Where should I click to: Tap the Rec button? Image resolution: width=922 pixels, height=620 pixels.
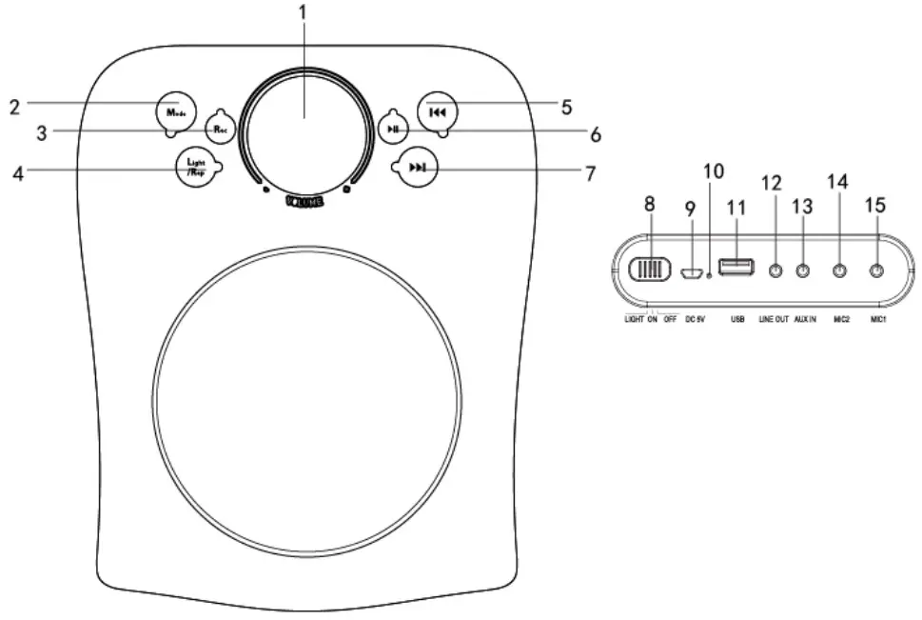[220, 128]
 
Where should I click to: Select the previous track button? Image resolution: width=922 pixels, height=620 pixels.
[437, 111]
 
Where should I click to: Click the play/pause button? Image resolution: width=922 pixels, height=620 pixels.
[392, 128]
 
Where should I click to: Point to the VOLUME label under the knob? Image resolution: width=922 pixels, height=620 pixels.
[304, 201]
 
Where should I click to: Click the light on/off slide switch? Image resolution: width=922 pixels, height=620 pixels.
[650, 270]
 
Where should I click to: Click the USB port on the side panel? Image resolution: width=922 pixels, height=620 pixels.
[736, 267]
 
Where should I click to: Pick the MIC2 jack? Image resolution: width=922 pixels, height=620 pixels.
[840, 271]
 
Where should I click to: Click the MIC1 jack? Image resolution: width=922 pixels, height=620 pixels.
[877, 271]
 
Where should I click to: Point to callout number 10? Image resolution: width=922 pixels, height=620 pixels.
[713, 171]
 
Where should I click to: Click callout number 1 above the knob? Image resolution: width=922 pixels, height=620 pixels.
[304, 12]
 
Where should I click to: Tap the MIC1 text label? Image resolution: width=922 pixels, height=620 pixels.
[878, 320]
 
